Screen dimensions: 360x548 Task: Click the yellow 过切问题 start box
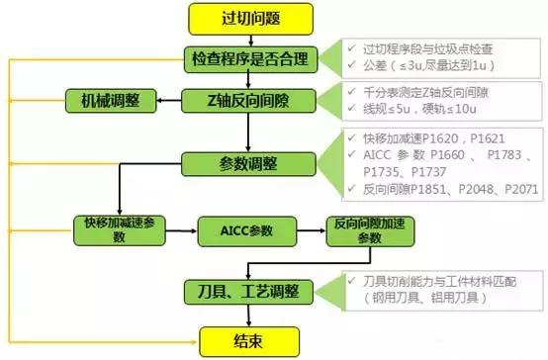pos(249,17)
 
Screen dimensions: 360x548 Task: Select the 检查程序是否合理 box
pos(249,59)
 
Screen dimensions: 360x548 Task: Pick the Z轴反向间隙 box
pos(249,102)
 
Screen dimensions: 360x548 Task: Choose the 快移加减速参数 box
pos(117,229)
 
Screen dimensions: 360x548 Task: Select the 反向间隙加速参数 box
pos(369,229)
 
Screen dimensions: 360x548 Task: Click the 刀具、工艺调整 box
pos(249,292)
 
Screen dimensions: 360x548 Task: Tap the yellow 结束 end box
pos(249,341)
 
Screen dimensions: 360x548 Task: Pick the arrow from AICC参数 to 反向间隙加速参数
pos(313,229)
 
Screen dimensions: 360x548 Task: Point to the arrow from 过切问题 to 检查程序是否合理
pos(249,37)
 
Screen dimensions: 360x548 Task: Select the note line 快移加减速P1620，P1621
pos(427,138)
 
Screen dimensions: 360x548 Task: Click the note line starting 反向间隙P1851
pos(440,189)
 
